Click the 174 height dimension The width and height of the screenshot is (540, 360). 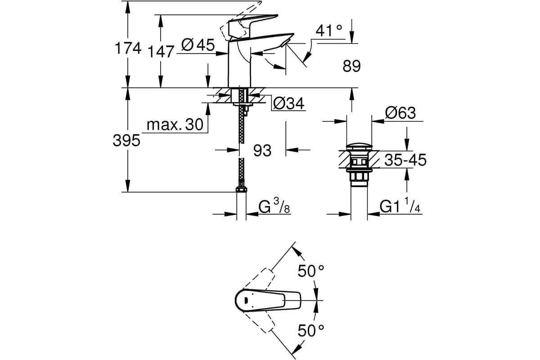coord(128,48)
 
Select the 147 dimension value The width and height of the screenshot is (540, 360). coord(161,51)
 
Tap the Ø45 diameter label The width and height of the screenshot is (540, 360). coord(198,45)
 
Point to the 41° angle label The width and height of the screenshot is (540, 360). coord(329,31)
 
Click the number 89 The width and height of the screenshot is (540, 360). coord(351,66)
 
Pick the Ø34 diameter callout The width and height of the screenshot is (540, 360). coord(289,103)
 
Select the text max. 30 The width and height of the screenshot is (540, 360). coord(175,125)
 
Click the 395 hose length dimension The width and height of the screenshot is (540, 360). coord(126,140)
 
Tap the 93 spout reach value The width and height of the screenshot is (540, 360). coord(262,150)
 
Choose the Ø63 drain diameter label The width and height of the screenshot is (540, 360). coord(400,112)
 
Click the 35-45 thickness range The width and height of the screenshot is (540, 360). coord(405,160)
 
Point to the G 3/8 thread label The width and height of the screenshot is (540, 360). coord(274,206)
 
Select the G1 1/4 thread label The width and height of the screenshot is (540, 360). coord(400,205)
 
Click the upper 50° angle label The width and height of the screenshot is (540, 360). coord(311,271)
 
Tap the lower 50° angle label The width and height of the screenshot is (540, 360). coord(311,330)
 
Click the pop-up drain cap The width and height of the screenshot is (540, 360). coord(359,147)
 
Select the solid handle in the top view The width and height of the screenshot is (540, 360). coord(268,301)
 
